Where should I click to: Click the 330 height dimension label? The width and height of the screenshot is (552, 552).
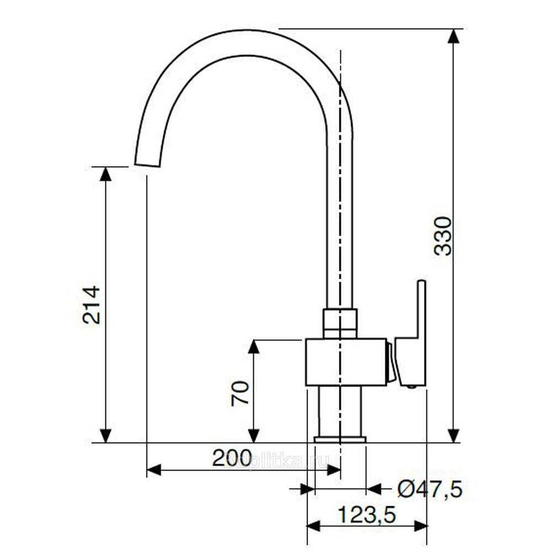443,236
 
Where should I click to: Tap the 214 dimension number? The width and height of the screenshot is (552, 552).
92,305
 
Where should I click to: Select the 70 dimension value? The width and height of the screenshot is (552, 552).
240,393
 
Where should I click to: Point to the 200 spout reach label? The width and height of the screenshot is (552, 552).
232,458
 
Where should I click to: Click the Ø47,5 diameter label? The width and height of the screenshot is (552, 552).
429,489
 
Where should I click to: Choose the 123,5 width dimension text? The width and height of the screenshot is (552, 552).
367,515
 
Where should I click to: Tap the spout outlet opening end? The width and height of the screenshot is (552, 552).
148,165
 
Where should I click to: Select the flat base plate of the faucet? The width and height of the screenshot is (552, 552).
340,439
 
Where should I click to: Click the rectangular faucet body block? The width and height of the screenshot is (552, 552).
346,362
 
